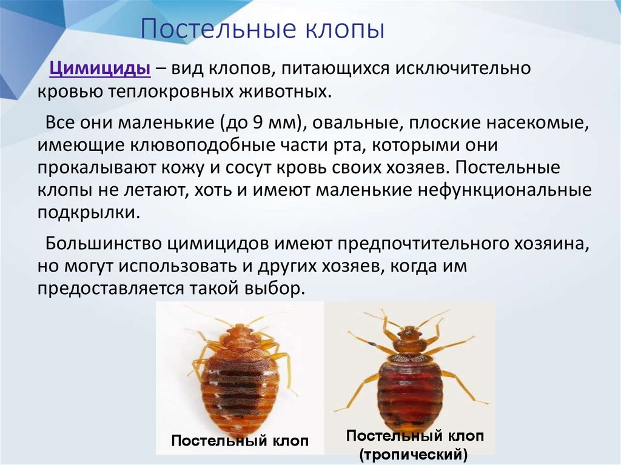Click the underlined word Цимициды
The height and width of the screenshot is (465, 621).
pyautogui.click(x=99, y=68)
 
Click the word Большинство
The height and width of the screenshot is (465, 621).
pyautogui.click(x=102, y=243)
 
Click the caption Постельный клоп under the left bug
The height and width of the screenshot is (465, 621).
pyautogui.click(x=240, y=440)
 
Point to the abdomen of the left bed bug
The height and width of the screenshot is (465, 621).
pyautogui.click(x=240, y=392)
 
